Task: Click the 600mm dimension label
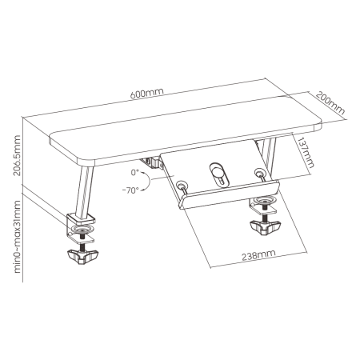[x=146, y=93]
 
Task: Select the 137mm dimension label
[x=306, y=152]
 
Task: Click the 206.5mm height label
[x=17, y=155]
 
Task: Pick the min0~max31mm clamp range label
[x=17, y=237]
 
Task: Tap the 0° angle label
[x=135, y=173]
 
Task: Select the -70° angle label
[x=130, y=190]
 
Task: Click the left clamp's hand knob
[x=82, y=257]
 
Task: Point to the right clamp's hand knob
[x=265, y=226]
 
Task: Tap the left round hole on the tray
[x=181, y=184]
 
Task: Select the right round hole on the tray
[x=258, y=171]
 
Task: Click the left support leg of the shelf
[x=85, y=191]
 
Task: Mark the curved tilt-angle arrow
[x=147, y=182]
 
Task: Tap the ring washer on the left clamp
[x=82, y=229]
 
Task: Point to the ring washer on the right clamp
[x=263, y=199]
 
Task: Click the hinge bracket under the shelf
[x=151, y=163]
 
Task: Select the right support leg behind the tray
[x=266, y=155]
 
